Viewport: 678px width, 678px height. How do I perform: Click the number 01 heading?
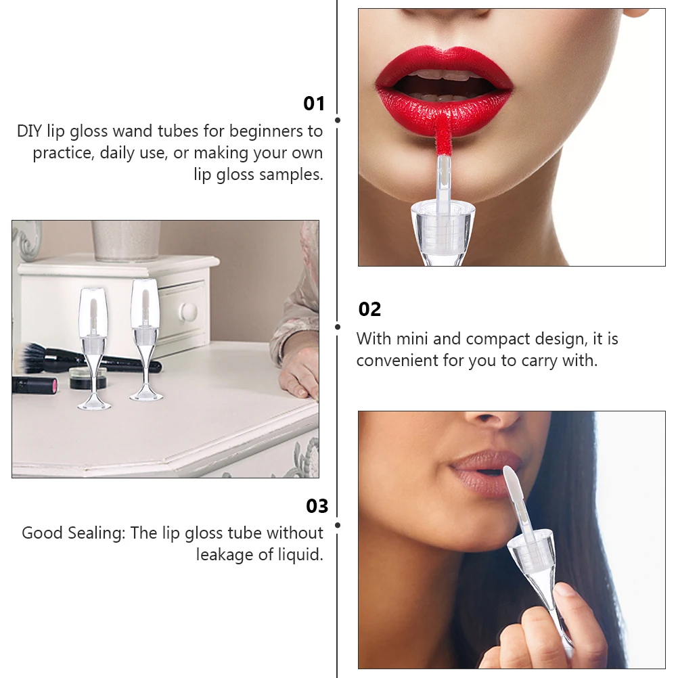click(x=314, y=104)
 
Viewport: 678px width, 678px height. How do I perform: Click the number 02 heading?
click(x=369, y=309)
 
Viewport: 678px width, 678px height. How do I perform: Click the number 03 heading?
click(x=317, y=506)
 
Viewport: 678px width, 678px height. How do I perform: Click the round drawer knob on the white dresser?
click(x=188, y=311)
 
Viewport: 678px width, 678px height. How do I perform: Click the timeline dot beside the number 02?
click(x=338, y=326)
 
